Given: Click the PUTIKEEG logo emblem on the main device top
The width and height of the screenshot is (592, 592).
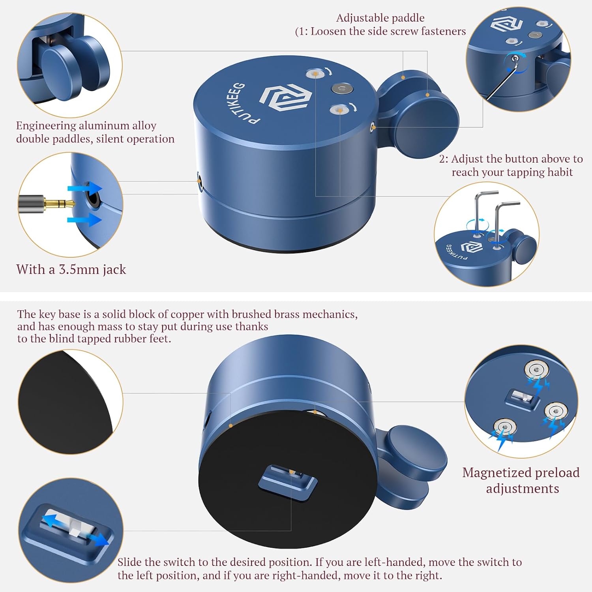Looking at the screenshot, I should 286,97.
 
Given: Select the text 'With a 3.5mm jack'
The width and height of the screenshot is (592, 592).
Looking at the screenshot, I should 71,270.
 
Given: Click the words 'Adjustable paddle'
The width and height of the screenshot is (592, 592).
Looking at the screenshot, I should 380,18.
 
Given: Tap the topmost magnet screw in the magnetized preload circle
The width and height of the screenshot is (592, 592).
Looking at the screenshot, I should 536,370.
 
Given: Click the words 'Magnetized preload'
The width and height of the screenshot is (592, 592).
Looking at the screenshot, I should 521,472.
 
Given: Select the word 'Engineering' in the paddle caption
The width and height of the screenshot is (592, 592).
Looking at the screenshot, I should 46,126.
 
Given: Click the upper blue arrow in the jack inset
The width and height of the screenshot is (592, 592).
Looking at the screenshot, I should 85,188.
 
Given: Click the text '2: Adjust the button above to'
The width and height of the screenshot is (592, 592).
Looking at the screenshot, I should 511,159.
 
